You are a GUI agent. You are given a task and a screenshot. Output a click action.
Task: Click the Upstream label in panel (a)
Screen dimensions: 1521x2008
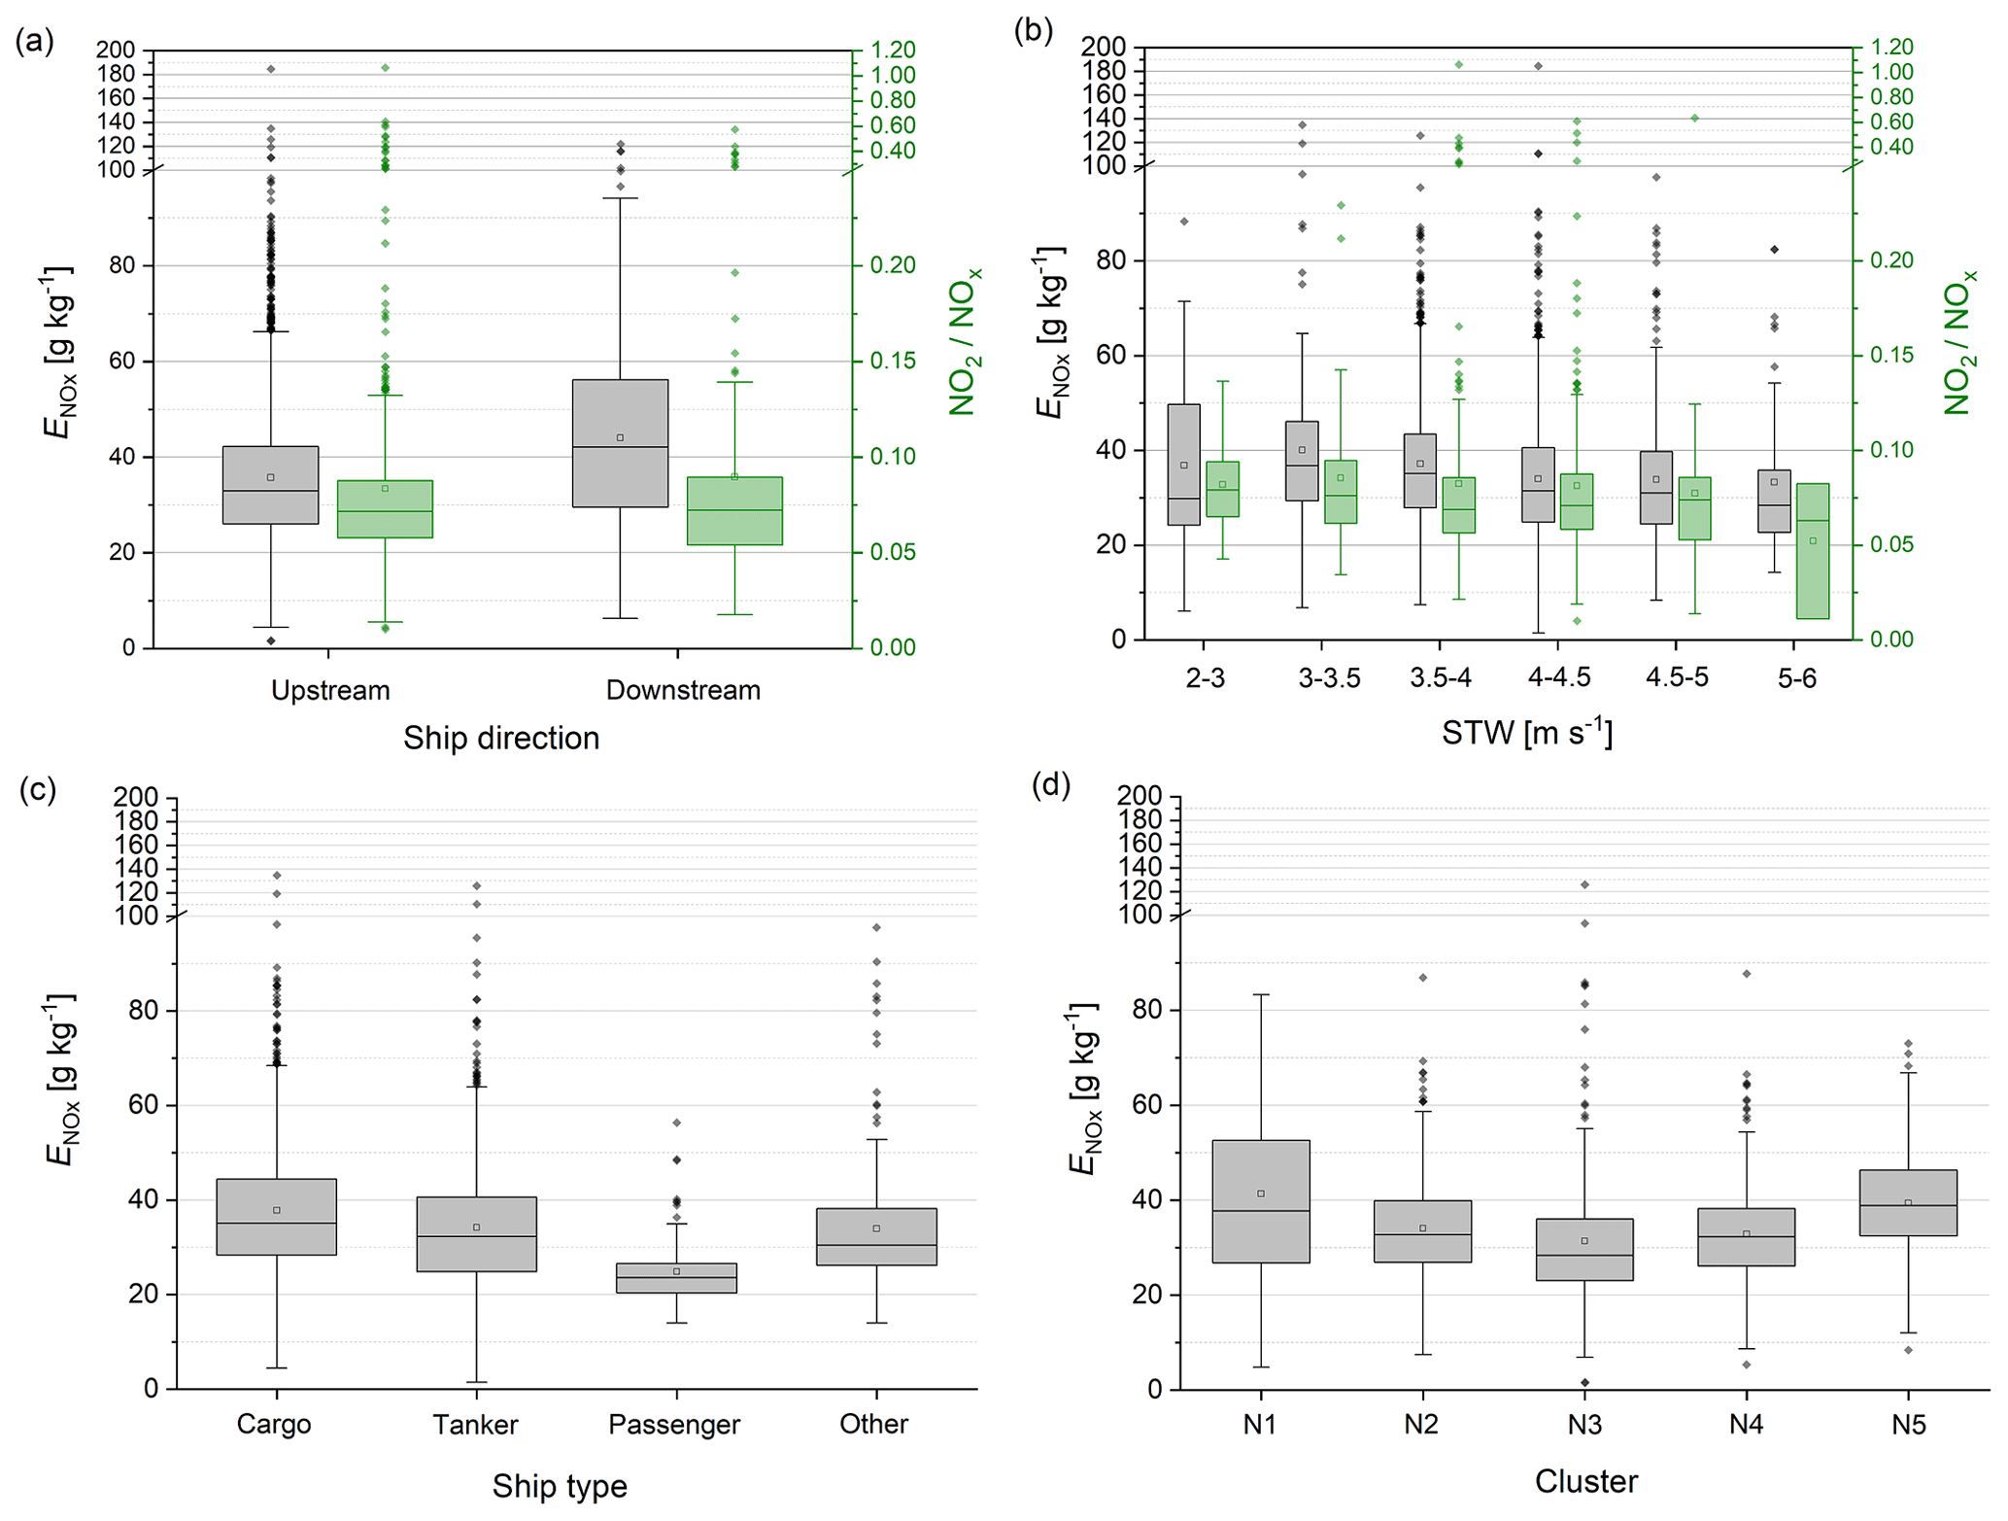click(330, 690)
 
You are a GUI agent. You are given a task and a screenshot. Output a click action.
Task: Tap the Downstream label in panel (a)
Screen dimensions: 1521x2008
click(683, 690)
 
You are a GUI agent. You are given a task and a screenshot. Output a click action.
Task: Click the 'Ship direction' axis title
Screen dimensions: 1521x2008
click(501, 738)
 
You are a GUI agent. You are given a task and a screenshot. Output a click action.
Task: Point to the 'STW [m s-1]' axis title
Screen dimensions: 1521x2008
click(1527, 732)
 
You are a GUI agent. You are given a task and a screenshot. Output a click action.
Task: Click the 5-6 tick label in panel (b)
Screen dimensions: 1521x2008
click(1796, 677)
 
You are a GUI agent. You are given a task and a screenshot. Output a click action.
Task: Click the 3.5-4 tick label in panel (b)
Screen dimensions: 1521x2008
click(1441, 677)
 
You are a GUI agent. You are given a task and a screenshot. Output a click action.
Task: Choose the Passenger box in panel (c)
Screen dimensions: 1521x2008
click(676, 1277)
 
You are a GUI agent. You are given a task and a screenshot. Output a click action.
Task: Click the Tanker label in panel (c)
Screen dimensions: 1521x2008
click(475, 1425)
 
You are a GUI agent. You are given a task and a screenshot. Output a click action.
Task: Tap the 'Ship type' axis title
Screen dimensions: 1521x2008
click(560, 1486)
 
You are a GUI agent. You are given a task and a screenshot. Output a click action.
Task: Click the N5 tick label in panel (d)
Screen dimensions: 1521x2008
click(1908, 1425)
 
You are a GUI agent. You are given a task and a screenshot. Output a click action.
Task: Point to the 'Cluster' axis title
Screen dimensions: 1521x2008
click(1586, 1481)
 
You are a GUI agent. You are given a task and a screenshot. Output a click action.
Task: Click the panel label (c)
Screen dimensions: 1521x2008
click(38, 789)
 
